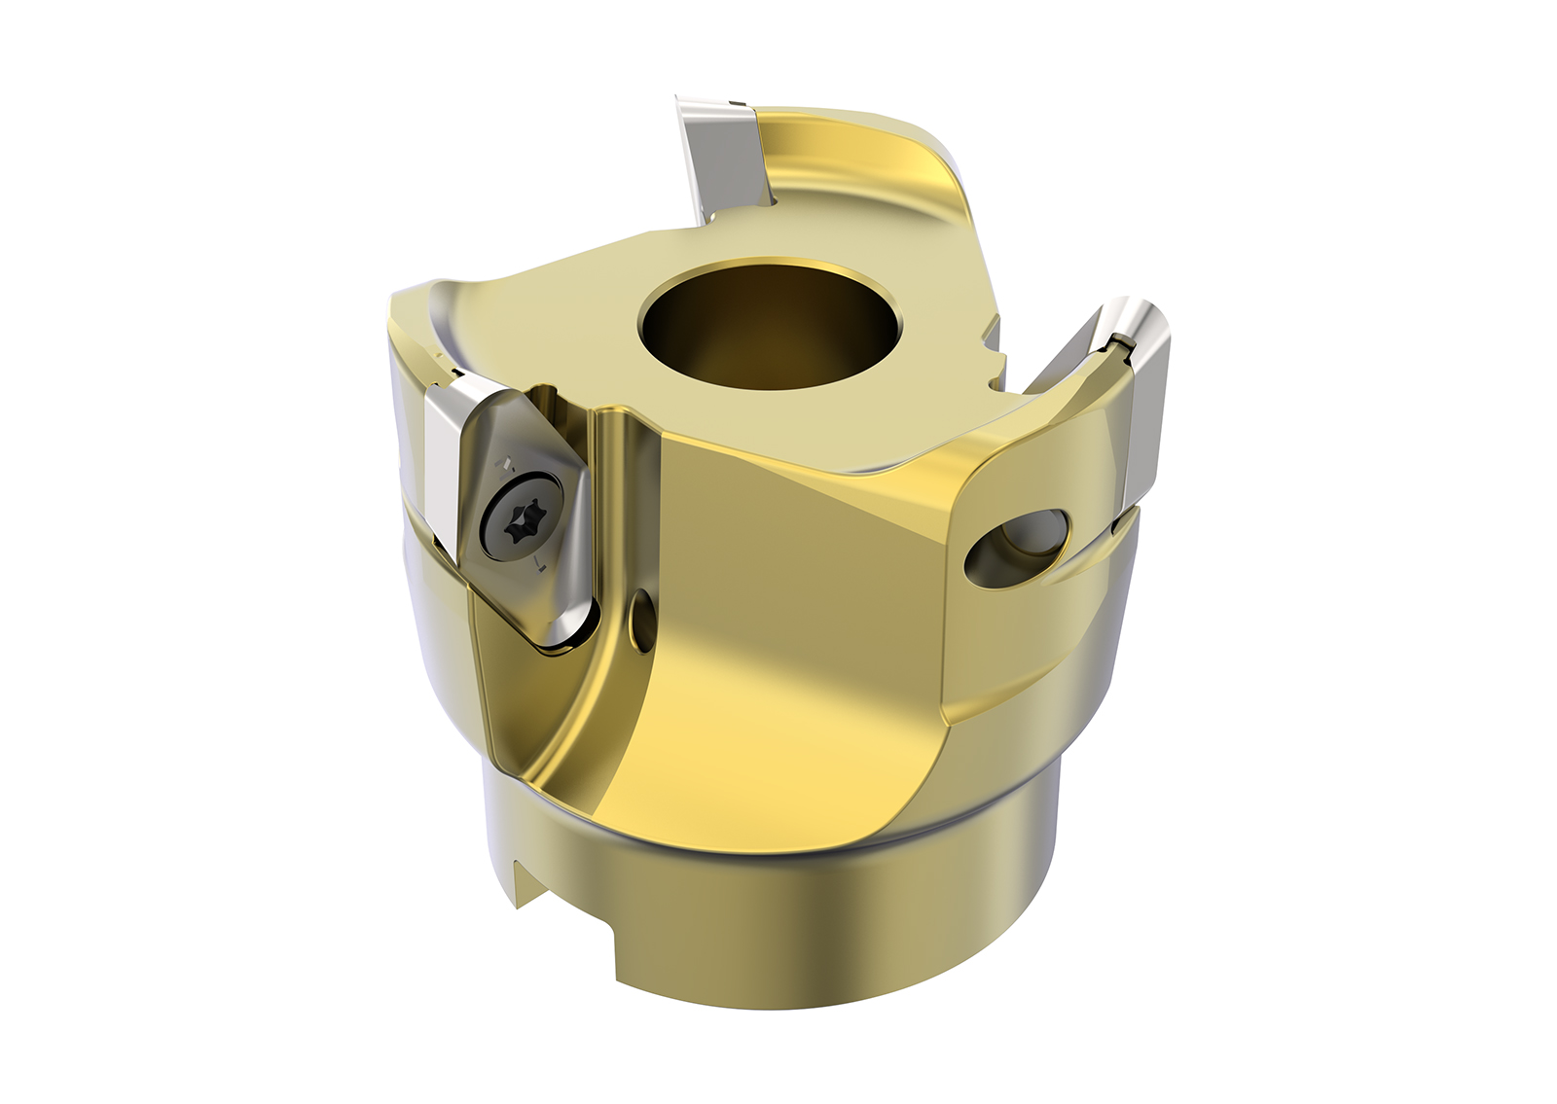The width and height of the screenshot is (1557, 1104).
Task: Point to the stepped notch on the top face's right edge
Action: [993, 340]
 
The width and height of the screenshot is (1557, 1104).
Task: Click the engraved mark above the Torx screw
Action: [506, 459]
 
